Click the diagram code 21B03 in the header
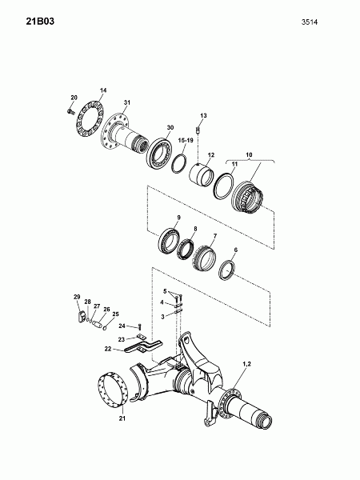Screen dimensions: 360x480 (x=40, y=22)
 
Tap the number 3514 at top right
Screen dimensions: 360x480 (x=310, y=22)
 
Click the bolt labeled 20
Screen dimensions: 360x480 (x=70, y=111)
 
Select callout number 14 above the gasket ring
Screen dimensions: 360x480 (x=103, y=90)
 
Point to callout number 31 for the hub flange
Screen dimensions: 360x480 (x=127, y=102)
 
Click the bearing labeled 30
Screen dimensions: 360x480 (x=159, y=154)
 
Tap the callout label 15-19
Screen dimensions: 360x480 (x=186, y=140)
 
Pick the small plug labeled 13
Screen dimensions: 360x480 (x=198, y=130)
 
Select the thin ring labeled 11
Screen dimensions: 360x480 (x=224, y=186)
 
